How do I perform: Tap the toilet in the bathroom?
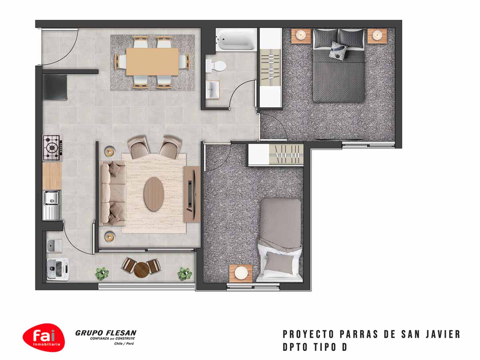click(x=216, y=66)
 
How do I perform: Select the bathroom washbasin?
click(x=212, y=90)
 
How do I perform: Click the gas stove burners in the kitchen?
click(x=52, y=148)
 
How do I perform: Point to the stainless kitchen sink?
click(x=52, y=205)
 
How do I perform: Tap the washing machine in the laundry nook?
click(x=58, y=269)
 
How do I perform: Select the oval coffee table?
click(x=154, y=194)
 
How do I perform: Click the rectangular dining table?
click(x=152, y=62)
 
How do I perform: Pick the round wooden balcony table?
click(x=141, y=270)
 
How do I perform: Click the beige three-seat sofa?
click(x=112, y=193)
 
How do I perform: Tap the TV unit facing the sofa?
click(x=192, y=194)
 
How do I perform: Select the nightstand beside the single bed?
click(x=241, y=273)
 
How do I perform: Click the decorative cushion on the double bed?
click(x=338, y=50)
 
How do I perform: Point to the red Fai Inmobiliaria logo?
click(x=44, y=338)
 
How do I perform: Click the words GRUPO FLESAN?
click(x=106, y=333)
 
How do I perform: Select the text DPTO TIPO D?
click(x=315, y=347)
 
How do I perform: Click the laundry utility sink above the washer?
click(x=54, y=246)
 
